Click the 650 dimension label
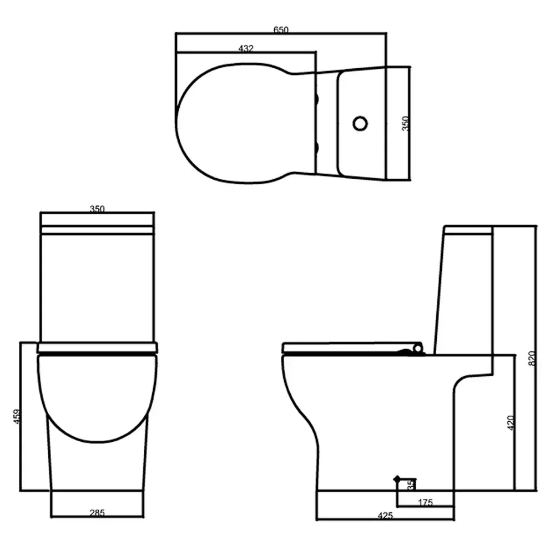pyautogui.click(x=281, y=30)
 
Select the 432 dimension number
pyautogui.click(x=246, y=49)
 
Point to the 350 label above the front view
pyautogui.click(x=97, y=209)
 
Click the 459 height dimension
pyautogui.click(x=17, y=417)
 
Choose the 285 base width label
pyautogui.click(x=97, y=513)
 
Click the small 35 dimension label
pyautogui.click(x=411, y=485)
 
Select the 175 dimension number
pyautogui.click(x=425, y=503)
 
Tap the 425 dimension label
pyautogui.click(x=385, y=516)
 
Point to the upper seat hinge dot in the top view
pyautogui.click(x=318, y=99)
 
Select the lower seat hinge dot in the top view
pyautogui.click(x=318, y=147)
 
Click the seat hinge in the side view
pyautogui.click(x=416, y=349)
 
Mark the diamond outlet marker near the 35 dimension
pyautogui.click(x=396, y=478)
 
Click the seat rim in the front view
pyautogui.click(x=97, y=348)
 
